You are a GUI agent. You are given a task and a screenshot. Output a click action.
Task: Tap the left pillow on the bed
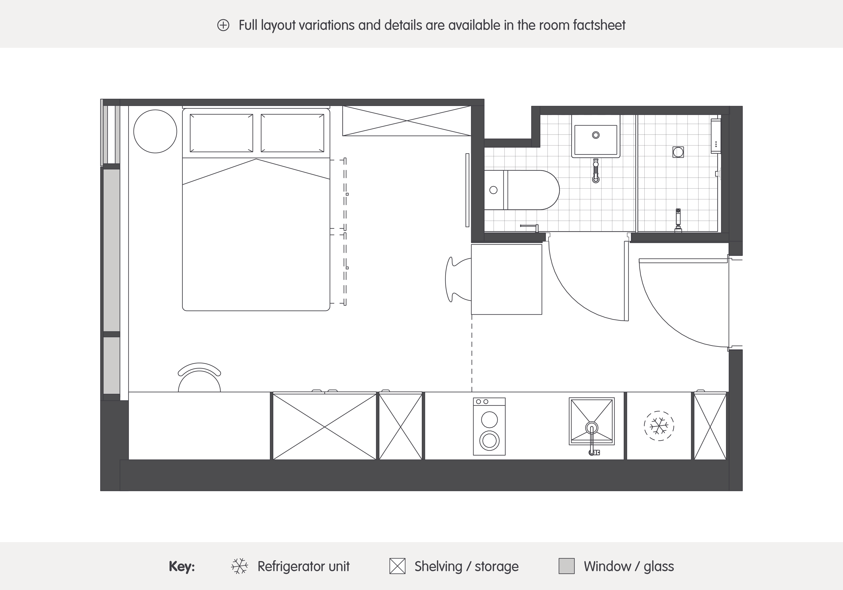pyautogui.click(x=221, y=133)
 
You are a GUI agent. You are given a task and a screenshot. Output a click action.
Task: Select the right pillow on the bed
pyautogui.click(x=292, y=133)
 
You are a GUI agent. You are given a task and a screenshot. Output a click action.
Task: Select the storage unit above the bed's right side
pyautogui.click(x=407, y=121)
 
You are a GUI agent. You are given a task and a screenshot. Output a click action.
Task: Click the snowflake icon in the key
pyautogui.click(x=239, y=566)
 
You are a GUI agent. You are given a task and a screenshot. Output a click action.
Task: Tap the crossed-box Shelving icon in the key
pyautogui.click(x=397, y=566)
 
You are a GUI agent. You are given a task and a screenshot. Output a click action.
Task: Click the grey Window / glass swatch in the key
pyautogui.click(x=566, y=566)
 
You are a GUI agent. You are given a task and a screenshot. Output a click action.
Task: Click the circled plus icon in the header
pyautogui.click(x=223, y=25)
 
